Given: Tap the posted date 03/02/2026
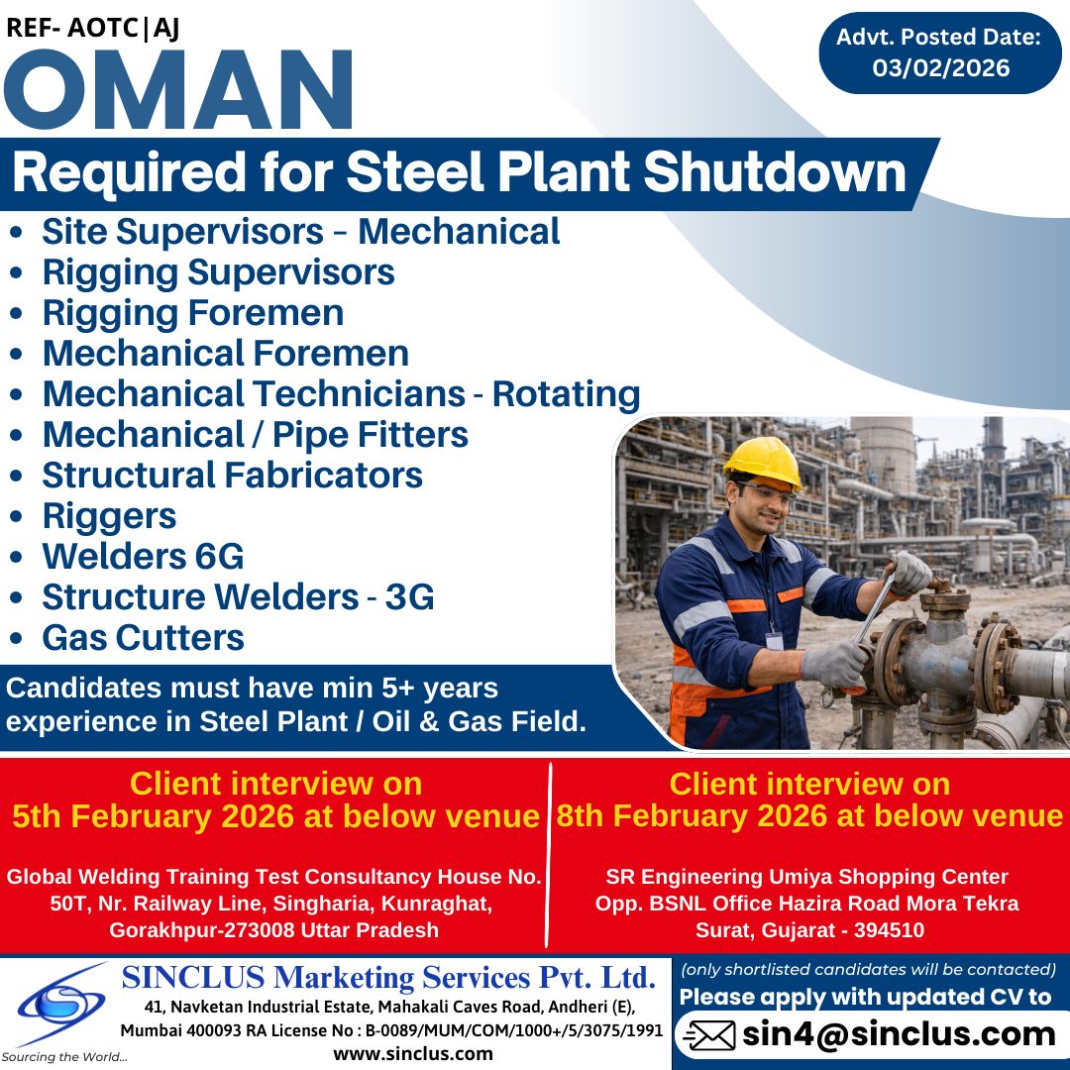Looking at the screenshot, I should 940,68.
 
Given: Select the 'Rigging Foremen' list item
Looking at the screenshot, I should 192,313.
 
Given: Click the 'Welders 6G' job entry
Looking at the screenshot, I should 143,557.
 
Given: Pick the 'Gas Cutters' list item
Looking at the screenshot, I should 143,638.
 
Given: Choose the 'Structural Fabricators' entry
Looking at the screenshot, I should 232,476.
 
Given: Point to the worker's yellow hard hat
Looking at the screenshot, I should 762,461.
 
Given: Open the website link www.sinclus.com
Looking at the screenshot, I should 413,1053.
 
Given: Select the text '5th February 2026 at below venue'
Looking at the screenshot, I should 275,816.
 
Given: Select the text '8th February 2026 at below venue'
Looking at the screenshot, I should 809,816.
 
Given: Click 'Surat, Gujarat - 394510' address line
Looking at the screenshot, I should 809,930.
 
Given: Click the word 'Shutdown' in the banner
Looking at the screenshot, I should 773,172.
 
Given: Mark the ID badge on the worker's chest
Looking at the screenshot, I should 775,641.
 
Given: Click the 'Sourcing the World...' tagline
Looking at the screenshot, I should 64,1057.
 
